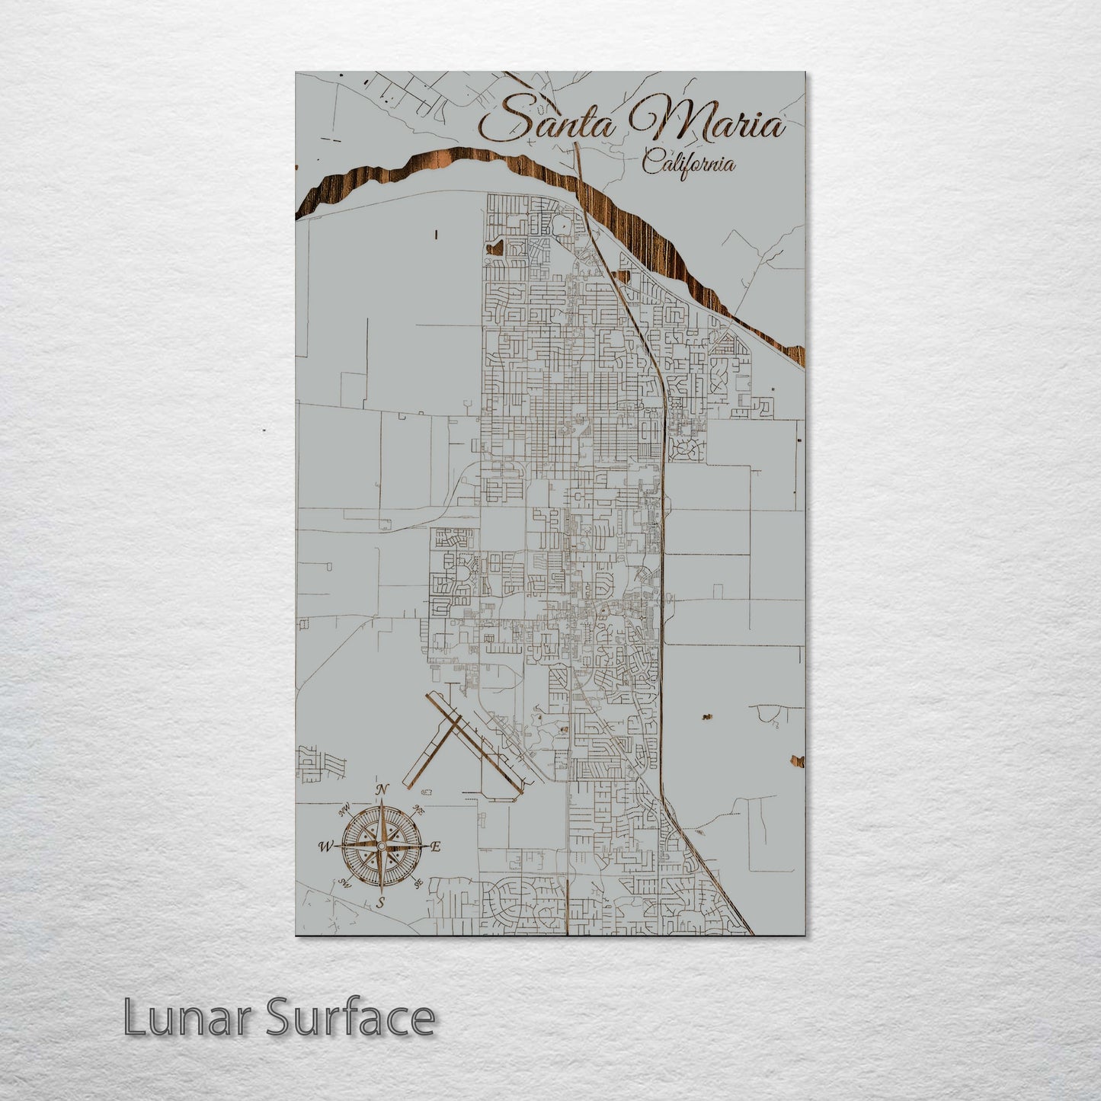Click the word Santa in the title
pos(547,121)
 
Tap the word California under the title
pos(688,163)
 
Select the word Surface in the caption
pos(350,1018)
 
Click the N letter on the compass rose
pos(382,789)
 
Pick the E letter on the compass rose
pos(436,847)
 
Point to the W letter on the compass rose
pos(325,846)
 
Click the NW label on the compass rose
pos(344,808)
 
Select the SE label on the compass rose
pos(418,883)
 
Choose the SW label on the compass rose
pos(344,883)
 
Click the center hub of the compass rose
pos(381,846)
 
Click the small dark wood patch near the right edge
pos(798,760)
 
